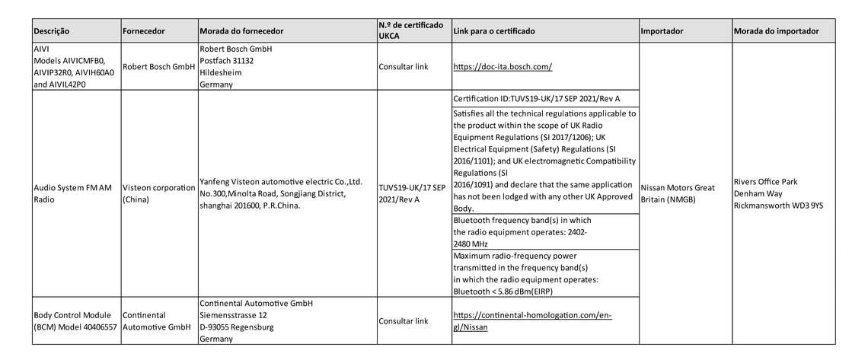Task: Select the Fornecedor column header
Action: pos(143,31)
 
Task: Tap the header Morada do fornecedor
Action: pos(241,31)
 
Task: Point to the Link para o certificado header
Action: pos(494,31)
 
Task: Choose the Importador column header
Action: pos(662,31)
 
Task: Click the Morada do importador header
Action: pos(777,31)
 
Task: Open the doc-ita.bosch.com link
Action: pos(503,67)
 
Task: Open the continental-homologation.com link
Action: pos(532,321)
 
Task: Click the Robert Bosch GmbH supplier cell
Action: pos(158,67)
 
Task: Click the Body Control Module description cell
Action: pos(75,320)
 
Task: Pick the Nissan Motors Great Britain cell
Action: pos(678,193)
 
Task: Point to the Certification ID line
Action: pos(536,100)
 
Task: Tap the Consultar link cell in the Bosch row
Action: pos(403,67)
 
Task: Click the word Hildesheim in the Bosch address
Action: pos(221,73)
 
